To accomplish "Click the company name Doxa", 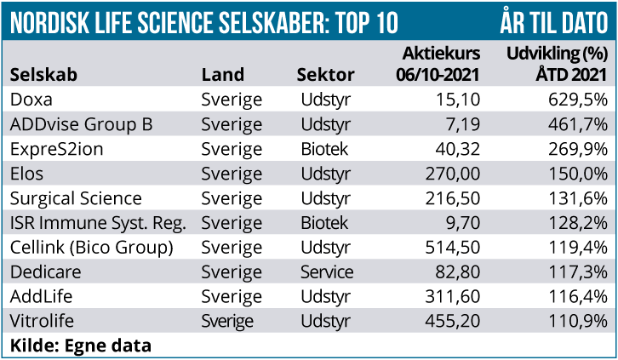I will click(x=31, y=100).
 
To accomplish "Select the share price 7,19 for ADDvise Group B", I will click(x=466, y=124).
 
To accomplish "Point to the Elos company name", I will click(x=27, y=174).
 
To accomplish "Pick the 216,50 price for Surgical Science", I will click(x=454, y=198).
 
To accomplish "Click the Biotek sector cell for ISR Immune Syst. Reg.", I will click(x=324, y=223).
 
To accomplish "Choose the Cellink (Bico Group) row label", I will click(x=92, y=248).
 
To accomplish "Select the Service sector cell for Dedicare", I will click(x=327, y=272).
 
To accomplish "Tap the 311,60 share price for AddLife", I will click(x=454, y=297).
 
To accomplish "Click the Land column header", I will click(x=223, y=74).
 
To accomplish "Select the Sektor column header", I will click(x=325, y=74).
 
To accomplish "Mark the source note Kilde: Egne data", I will click(x=81, y=346).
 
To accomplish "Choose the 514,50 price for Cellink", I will click(x=454, y=248).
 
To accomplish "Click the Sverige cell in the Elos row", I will click(x=232, y=174).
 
